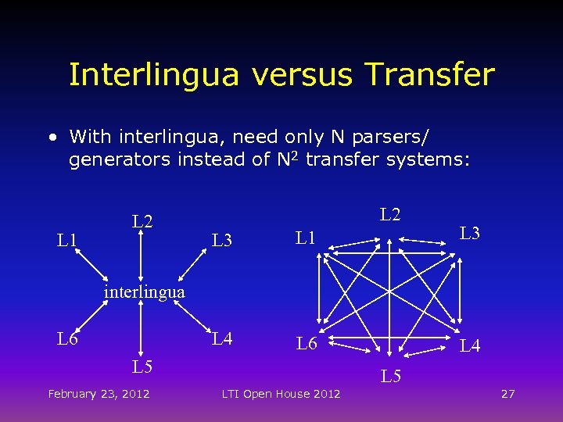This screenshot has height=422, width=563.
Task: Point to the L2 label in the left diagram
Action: [142, 222]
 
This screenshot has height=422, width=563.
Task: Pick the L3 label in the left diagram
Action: [222, 240]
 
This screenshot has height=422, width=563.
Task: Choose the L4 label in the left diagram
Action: [223, 339]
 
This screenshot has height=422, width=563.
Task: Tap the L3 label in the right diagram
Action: [470, 232]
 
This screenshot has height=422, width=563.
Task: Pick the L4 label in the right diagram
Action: [470, 345]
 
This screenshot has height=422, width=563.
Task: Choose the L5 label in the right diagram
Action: [391, 376]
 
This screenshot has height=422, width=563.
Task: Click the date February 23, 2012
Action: [99, 394]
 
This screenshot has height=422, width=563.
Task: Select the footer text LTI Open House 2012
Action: [281, 394]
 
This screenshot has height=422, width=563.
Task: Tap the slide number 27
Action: [507, 394]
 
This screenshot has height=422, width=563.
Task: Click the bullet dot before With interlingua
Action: [52, 138]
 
